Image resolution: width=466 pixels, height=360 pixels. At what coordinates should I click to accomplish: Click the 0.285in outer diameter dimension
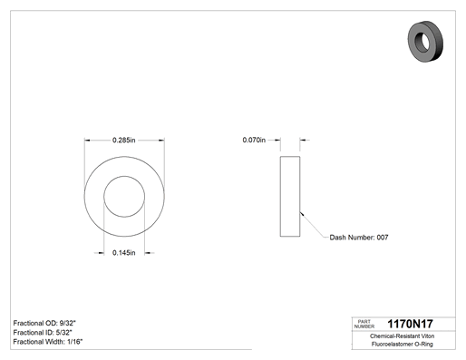pos(124,140)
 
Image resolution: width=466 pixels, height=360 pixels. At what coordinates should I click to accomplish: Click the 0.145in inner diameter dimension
pos(124,253)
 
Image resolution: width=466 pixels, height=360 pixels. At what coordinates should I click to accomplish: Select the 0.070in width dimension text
pos(254,140)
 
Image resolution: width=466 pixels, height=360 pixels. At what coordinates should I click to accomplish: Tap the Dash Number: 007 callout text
pos(359,238)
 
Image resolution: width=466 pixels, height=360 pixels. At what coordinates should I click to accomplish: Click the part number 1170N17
pos(410,324)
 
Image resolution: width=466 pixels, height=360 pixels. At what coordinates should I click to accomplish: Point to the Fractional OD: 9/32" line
pos(44,323)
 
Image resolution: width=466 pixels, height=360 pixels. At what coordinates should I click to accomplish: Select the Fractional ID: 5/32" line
pos(43,333)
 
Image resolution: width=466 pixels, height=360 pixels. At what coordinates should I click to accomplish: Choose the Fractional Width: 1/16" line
pos(48,342)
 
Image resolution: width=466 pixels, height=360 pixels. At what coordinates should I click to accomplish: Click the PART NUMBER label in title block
pos(364,324)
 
